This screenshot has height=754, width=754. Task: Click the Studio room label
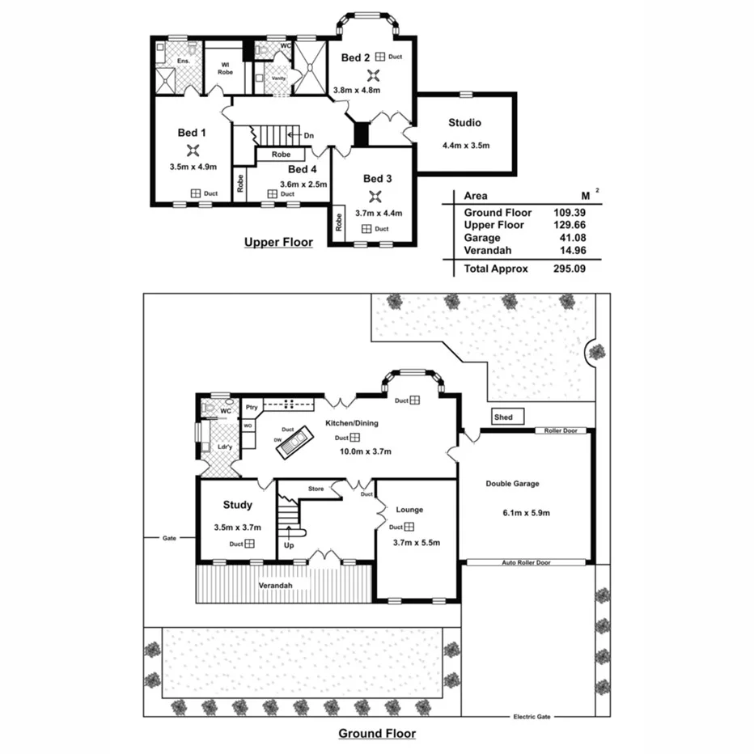pyautogui.click(x=464, y=123)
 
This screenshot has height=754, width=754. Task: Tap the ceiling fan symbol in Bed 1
pyautogui.click(x=193, y=150)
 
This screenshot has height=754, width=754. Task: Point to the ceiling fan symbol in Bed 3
pyautogui.click(x=373, y=197)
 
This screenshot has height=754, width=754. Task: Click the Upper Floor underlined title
pyautogui.click(x=278, y=242)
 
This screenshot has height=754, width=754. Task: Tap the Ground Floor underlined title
pyautogui.click(x=376, y=734)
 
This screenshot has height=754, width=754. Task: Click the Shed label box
pyautogui.click(x=503, y=417)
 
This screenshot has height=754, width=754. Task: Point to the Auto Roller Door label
pyautogui.click(x=526, y=562)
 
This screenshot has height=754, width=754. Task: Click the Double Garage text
pyautogui.click(x=512, y=484)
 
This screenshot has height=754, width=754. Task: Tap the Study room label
pyautogui.click(x=237, y=505)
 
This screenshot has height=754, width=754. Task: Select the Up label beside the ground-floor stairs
pyautogui.click(x=288, y=545)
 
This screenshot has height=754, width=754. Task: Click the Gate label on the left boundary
pyautogui.click(x=168, y=537)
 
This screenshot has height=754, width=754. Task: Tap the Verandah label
pyautogui.click(x=274, y=585)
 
